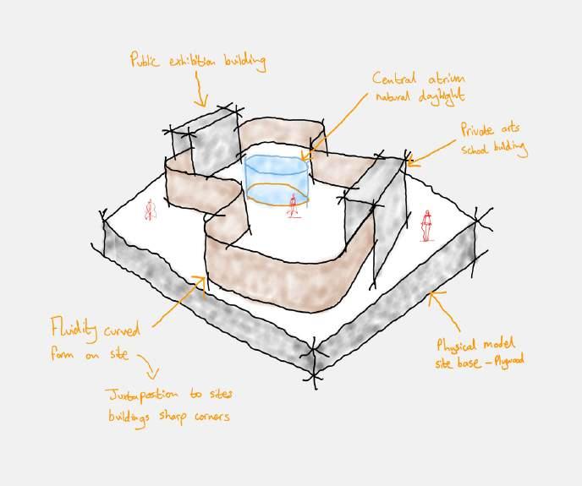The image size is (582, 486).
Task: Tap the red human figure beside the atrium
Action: click(x=294, y=205)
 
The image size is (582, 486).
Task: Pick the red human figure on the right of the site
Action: click(x=427, y=224)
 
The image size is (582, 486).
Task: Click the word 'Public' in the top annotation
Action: click(x=145, y=60)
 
